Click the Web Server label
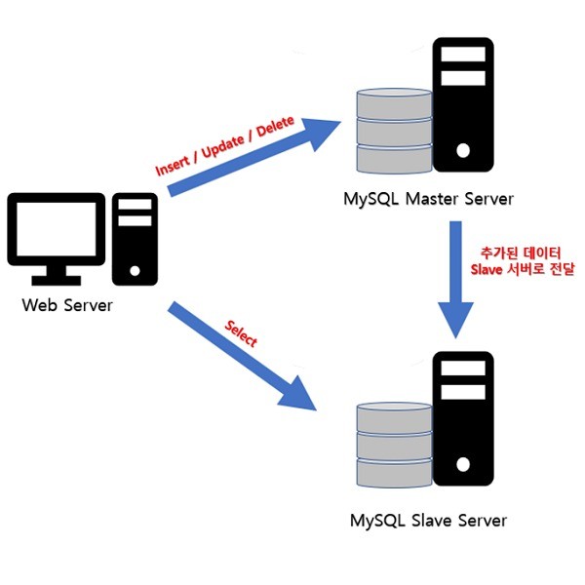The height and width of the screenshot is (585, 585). pyautogui.click(x=67, y=305)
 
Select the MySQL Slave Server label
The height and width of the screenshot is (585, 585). pyautogui.click(x=428, y=520)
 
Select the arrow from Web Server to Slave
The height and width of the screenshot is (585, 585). pyautogui.click(x=244, y=356)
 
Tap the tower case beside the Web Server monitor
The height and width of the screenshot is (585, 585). pyautogui.click(x=135, y=239)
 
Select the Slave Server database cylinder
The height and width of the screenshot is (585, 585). pyautogui.click(x=394, y=445)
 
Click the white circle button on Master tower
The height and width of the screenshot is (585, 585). pyautogui.click(x=463, y=151)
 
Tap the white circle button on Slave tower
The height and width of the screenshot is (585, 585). pyautogui.click(x=463, y=466)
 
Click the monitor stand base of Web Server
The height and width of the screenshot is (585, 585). pyautogui.click(x=57, y=279)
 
